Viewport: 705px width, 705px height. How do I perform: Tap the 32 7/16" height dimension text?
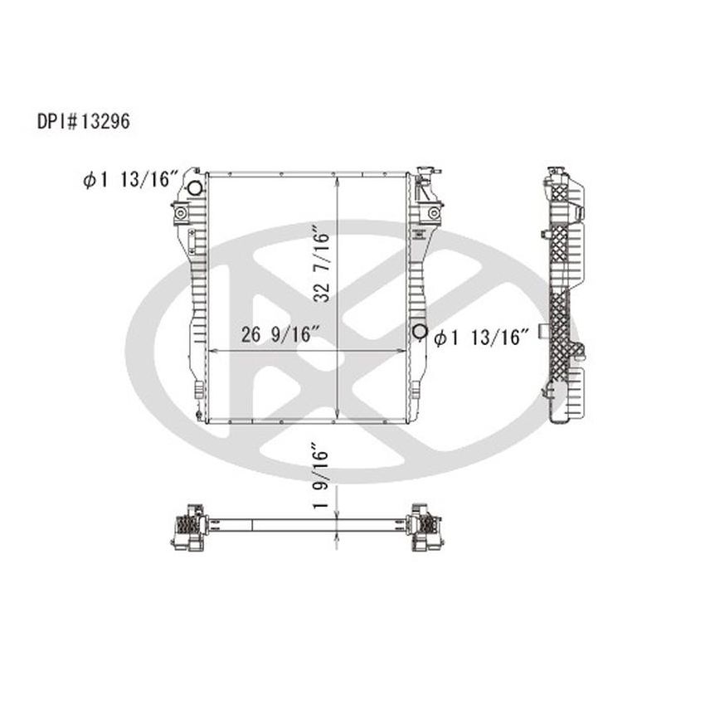point(323,264)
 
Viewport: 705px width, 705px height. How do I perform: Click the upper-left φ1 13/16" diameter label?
point(132,179)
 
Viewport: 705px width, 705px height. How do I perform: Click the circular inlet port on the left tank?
point(195,188)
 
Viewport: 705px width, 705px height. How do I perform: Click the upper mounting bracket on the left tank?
point(180,215)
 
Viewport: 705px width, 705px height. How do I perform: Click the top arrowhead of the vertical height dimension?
point(337,178)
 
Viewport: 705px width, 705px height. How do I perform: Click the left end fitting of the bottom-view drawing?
point(189,527)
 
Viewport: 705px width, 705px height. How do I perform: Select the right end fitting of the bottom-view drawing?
point(425,527)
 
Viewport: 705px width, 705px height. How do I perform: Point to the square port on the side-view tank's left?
point(543,333)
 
